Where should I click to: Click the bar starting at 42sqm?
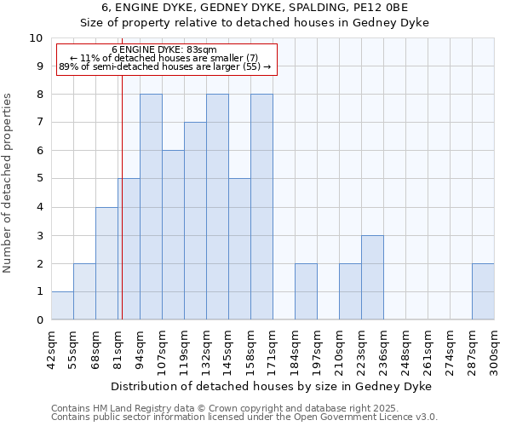pos(62,306)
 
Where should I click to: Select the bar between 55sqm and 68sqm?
pos(84,291)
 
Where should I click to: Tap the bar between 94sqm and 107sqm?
pos(151,207)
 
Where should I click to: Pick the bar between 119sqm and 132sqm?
pos(195,222)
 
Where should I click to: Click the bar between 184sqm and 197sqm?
pos(306,291)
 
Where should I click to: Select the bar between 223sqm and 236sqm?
pos(372,278)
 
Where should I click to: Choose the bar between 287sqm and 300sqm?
pos(483,291)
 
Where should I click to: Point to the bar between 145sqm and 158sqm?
pos(239,250)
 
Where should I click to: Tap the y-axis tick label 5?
pos(39,179)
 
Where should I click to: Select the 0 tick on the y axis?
pos(39,320)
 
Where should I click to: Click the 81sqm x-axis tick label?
pos(118,348)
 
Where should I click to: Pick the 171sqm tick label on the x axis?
pos(273,350)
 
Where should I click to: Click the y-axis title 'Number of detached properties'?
pos(9,184)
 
